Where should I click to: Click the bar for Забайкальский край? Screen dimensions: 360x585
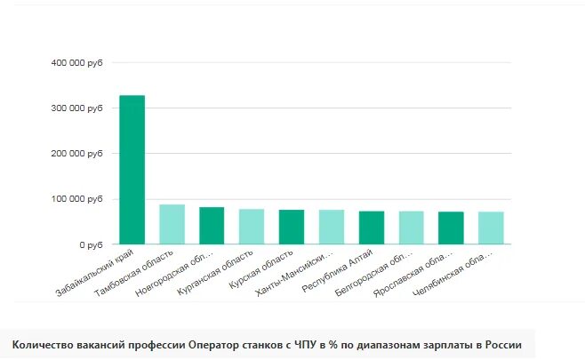point(132,169)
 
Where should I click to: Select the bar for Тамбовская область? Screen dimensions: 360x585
point(172,224)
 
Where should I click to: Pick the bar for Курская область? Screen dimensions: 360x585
point(292,227)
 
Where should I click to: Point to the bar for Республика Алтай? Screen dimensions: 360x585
point(372,228)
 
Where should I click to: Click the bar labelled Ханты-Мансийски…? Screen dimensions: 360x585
point(332,227)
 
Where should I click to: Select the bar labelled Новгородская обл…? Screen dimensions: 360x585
point(212,225)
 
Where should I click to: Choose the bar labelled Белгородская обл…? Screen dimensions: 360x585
point(412,228)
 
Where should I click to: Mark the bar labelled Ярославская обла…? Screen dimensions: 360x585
point(452,228)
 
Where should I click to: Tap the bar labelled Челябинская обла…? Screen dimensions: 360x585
point(491,228)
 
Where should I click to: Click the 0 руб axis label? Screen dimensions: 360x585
point(92,244)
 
